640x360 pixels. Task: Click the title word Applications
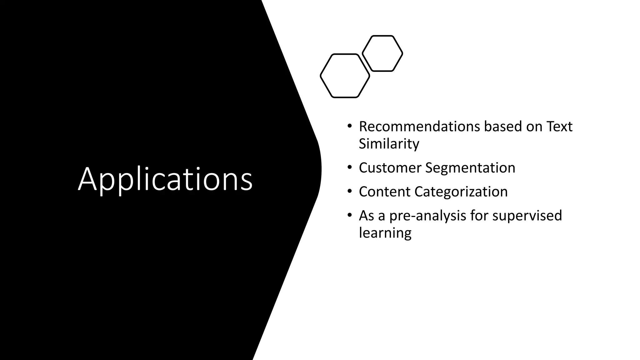[165, 179]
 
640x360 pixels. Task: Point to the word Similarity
[389, 144]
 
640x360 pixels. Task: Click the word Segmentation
[470, 168]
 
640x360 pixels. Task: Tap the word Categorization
[461, 192]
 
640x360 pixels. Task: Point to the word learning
[385, 233]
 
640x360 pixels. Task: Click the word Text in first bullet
[559, 127]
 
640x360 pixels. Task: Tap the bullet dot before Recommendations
[349, 126]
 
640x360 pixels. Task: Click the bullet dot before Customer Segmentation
[349, 167]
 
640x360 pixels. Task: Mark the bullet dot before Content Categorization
[349, 191]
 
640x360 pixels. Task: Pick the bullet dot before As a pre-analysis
[349, 215]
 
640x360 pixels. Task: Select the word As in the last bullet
[366, 216]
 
